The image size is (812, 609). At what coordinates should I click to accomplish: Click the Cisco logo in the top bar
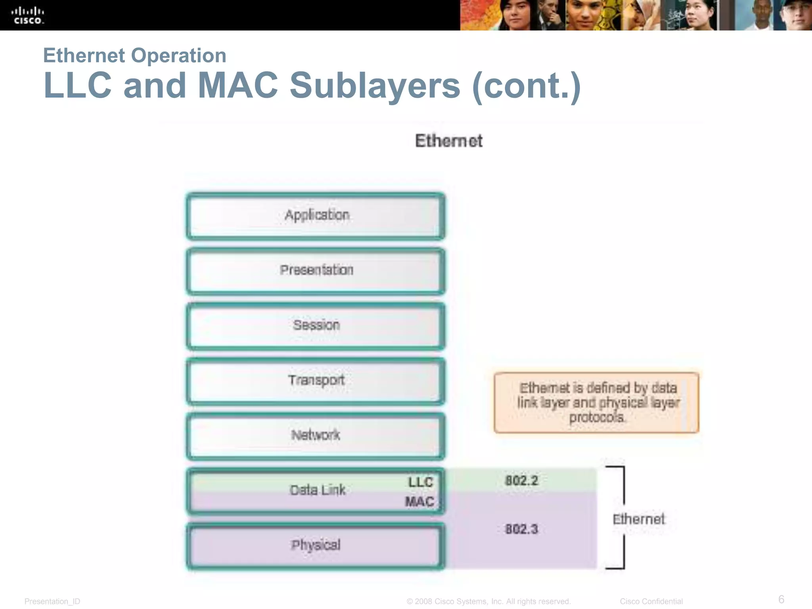click(x=27, y=15)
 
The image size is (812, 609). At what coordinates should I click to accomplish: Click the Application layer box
click(x=316, y=216)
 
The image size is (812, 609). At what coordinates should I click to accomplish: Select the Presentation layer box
click(x=316, y=271)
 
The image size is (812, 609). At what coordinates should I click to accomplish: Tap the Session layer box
click(x=316, y=326)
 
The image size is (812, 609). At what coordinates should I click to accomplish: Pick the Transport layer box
click(x=316, y=381)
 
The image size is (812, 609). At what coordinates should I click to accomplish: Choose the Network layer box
click(x=316, y=436)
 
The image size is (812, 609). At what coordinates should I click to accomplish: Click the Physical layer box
click(x=316, y=546)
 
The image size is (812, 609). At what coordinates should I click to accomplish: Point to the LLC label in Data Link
click(x=421, y=482)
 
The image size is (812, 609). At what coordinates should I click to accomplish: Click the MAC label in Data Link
click(x=419, y=502)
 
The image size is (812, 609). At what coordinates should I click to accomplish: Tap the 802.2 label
click(x=522, y=481)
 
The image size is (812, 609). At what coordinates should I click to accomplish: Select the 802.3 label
click(x=522, y=529)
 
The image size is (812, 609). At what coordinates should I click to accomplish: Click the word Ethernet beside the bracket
click(x=638, y=519)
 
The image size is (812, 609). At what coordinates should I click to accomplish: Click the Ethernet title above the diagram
click(x=449, y=141)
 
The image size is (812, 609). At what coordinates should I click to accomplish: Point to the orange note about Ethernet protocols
click(x=597, y=402)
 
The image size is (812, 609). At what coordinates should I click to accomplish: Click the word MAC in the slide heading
click(x=238, y=85)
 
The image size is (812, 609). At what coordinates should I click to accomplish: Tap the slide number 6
click(x=781, y=599)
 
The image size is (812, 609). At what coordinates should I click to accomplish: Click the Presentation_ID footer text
click(x=52, y=601)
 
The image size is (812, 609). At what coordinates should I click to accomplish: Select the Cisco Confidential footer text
click(x=651, y=601)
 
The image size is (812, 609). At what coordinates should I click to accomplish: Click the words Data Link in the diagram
click(x=318, y=490)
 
